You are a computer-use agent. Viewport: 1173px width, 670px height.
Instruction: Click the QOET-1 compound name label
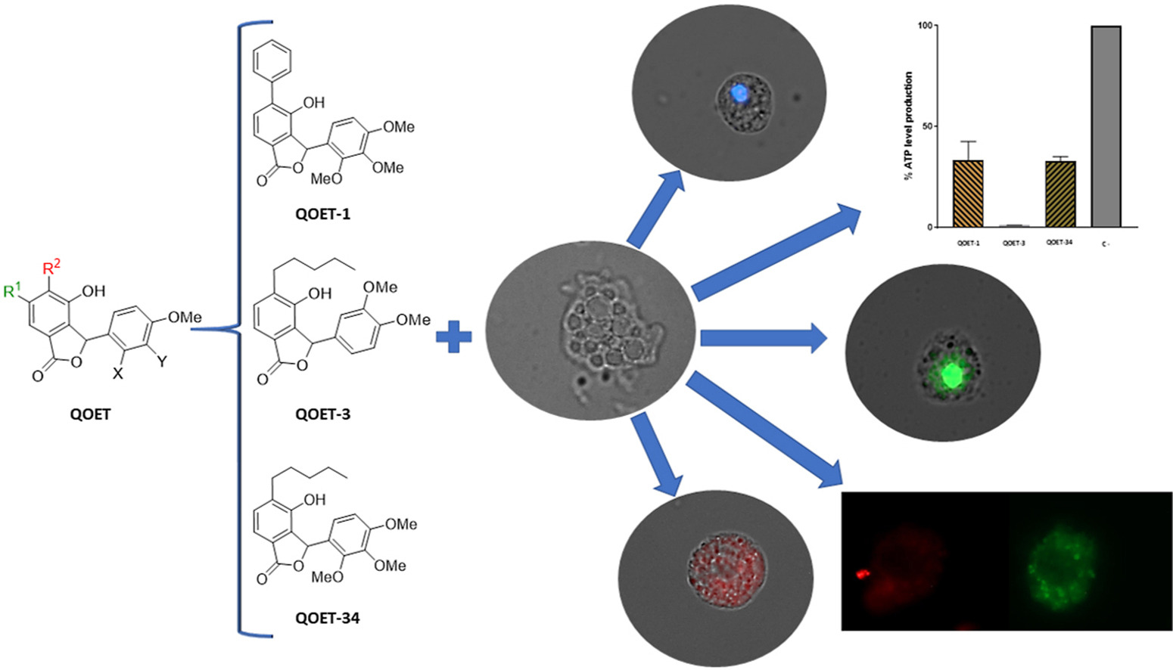pyautogui.click(x=322, y=215)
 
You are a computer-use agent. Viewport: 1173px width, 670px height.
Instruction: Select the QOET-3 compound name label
pyautogui.click(x=322, y=414)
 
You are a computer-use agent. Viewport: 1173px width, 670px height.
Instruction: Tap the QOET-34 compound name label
pyautogui.click(x=327, y=618)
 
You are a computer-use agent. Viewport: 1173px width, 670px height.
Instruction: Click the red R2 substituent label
pyautogui.click(x=51, y=267)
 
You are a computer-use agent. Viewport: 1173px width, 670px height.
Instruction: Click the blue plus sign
pyautogui.click(x=454, y=337)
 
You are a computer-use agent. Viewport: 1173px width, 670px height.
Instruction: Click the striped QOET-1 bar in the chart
pyautogui.click(x=968, y=194)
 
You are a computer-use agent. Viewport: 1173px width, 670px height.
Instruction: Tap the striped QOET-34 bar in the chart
pyautogui.click(x=1059, y=194)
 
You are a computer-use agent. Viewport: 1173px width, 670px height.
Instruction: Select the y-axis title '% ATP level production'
pyautogui.click(x=908, y=126)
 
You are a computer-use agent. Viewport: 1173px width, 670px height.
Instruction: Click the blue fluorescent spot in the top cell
pyautogui.click(x=739, y=93)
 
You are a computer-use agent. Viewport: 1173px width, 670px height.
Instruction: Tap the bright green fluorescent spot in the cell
pyautogui.click(x=951, y=374)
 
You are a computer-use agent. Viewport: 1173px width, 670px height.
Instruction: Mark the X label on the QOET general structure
pyautogui.click(x=117, y=372)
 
